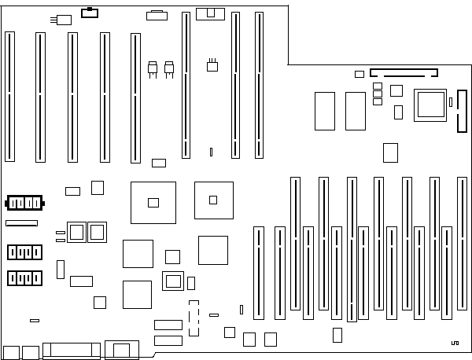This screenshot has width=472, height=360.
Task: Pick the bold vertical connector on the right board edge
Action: point(460,112)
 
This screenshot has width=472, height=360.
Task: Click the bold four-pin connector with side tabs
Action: point(24,203)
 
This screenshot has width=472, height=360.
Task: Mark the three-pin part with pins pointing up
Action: point(212,66)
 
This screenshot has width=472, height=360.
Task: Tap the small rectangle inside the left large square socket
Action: point(153,203)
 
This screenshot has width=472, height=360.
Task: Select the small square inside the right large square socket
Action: point(213,200)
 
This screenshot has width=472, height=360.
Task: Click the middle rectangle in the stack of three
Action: point(378,93)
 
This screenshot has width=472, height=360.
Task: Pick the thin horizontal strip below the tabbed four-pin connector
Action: point(21,224)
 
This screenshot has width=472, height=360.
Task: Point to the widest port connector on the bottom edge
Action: point(72,351)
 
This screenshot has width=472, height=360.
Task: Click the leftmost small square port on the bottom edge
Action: point(10,351)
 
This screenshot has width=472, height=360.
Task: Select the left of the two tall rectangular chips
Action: point(325,111)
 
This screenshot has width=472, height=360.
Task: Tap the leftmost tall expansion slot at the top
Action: point(9,97)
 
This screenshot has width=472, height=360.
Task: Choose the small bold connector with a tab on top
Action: point(89,13)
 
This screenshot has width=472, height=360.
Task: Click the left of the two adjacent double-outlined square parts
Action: point(76,231)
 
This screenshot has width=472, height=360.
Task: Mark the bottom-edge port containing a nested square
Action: point(122,350)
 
